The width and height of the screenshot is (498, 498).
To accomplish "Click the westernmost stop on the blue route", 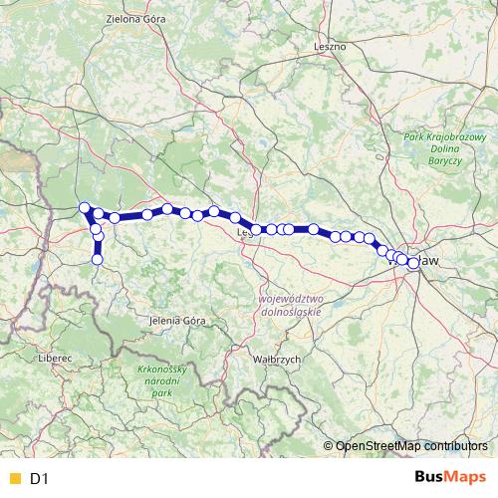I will (85, 207).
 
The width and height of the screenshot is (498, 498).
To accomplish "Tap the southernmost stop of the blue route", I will (98, 259).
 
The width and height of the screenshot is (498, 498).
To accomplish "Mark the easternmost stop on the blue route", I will (413, 264).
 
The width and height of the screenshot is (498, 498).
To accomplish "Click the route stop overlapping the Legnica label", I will (256, 230).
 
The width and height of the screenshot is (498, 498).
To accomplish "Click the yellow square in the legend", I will (12, 479).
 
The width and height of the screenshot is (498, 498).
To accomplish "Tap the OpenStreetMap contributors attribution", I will (411, 445).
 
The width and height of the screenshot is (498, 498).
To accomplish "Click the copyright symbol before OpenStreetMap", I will (329, 445).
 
